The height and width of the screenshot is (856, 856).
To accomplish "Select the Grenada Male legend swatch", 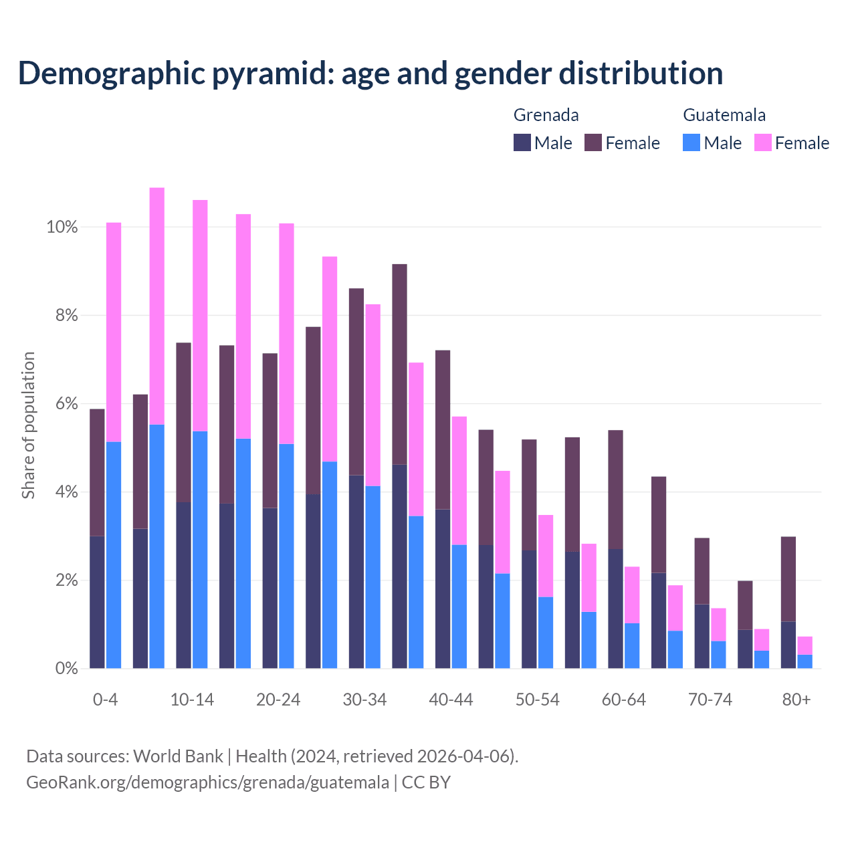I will click(x=522, y=142).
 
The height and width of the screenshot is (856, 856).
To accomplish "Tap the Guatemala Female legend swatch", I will click(x=762, y=142).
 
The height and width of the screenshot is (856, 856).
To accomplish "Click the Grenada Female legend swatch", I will click(x=593, y=142).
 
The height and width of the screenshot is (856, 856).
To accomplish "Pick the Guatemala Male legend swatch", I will click(x=691, y=142).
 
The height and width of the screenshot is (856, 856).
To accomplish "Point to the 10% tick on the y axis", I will click(x=62, y=227).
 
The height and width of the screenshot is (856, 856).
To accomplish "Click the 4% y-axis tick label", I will click(x=66, y=492).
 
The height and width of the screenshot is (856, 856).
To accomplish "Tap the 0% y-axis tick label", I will click(x=66, y=669).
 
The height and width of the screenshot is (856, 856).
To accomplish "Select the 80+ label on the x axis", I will click(x=796, y=700).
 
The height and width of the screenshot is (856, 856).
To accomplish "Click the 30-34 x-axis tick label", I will click(x=364, y=700).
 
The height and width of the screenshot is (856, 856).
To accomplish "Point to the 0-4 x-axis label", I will click(x=105, y=700).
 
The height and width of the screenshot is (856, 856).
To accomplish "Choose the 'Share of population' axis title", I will click(x=29, y=425).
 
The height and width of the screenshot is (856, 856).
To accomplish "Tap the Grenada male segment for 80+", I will click(x=788, y=645).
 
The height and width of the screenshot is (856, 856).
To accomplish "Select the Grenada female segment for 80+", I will click(x=788, y=579).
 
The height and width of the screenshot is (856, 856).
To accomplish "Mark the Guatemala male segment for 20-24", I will click(x=286, y=556).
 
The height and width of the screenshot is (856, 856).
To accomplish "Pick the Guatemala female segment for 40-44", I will click(x=459, y=480).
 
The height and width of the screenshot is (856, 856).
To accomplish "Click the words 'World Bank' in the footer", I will click(x=178, y=756).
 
